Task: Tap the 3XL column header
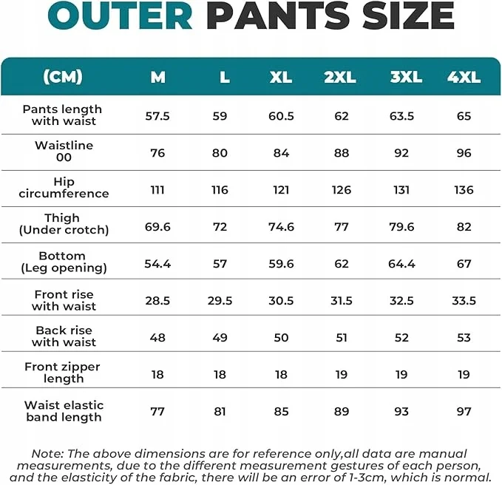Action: point(406,77)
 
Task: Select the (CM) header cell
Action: point(63,76)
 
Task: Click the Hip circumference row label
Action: point(64,188)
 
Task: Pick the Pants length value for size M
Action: point(157,116)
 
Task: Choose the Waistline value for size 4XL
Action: point(464,153)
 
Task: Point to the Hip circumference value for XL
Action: point(281,190)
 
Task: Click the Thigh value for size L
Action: point(220,227)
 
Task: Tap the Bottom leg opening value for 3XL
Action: point(401,264)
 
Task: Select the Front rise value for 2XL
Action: point(341,301)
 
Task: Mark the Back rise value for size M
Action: point(157,338)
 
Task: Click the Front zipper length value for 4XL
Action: point(464,375)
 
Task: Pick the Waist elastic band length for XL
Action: point(281,412)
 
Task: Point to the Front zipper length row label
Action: point(63,373)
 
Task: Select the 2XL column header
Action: point(340,77)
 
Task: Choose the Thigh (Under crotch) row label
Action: point(64,224)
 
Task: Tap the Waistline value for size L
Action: point(220,153)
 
